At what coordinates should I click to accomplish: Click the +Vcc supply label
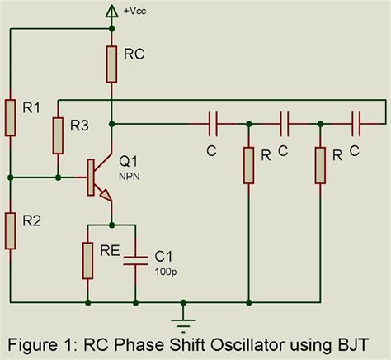pyautogui.click(x=134, y=11)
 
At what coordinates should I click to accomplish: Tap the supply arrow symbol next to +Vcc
pyautogui.click(x=112, y=11)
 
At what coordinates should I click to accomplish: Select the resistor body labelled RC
pyautogui.click(x=112, y=63)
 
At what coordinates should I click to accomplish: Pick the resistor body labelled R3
pyautogui.click(x=57, y=135)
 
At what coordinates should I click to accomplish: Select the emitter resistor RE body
pyautogui.click(x=88, y=260)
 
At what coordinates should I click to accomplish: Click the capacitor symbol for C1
pyautogui.click(x=135, y=260)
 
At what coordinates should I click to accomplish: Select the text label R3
pyautogui.click(x=80, y=126)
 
